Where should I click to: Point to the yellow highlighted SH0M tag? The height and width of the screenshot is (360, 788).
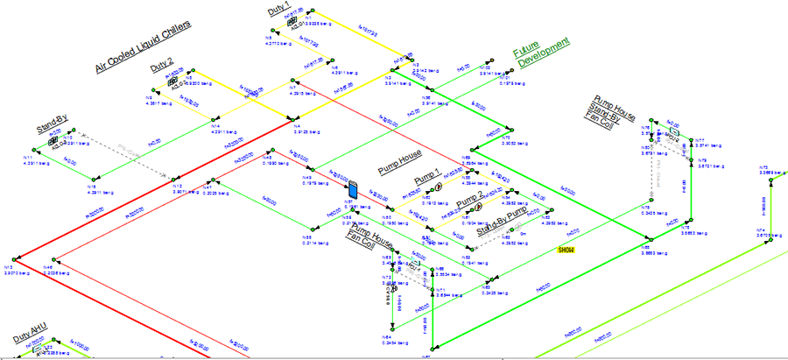570,250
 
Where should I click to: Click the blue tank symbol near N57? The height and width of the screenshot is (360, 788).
353,188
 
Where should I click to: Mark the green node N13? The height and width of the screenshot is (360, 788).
18,261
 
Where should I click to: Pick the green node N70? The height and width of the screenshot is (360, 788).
472,148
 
